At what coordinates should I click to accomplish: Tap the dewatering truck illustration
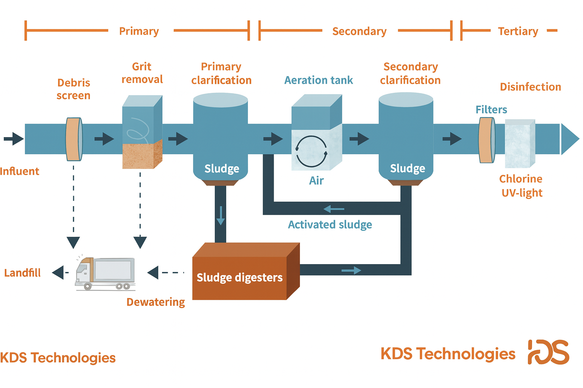[105, 274]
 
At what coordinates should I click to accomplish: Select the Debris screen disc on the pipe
[74, 139]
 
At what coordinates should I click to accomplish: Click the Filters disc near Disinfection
[487, 140]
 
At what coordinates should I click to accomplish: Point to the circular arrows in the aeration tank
[311, 152]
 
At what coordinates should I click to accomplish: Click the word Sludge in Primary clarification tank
[222, 169]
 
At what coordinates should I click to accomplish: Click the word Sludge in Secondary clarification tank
[407, 168]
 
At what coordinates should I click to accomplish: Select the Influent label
[19, 171]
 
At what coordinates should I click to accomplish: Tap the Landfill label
[22, 273]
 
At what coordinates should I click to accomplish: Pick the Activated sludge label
[330, 225]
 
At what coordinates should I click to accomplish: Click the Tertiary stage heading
[518, 31]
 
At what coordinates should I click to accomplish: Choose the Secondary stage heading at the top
[359, 31]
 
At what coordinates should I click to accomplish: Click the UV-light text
[522, 193]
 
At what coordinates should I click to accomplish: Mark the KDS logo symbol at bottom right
[548, 352]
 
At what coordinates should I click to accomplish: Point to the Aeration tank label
[318, 80]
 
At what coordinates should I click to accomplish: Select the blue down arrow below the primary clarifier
[221, 216]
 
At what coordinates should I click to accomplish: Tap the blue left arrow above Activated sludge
[334, 209]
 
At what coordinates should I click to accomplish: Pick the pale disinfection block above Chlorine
[519, 144]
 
